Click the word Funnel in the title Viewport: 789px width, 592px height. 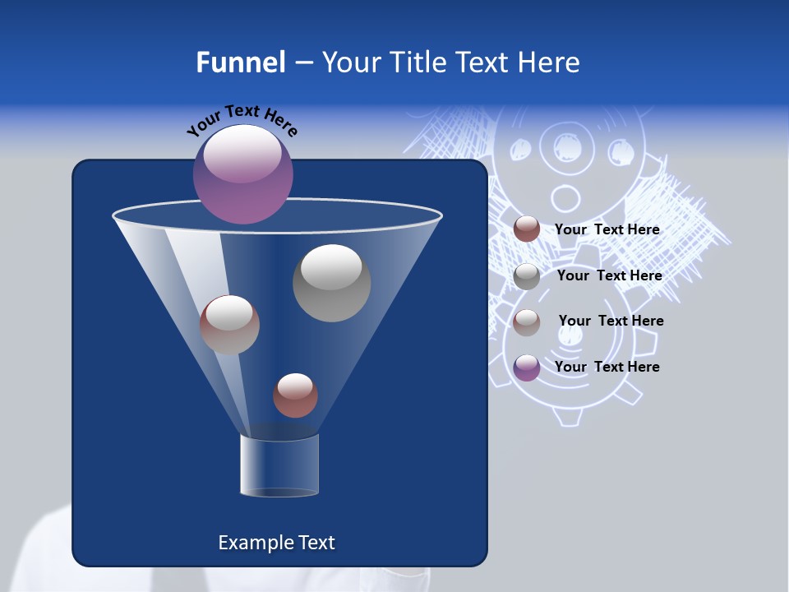pos(240,62)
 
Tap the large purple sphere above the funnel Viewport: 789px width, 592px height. pos(243,174)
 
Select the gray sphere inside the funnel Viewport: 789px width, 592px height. pos(332,283)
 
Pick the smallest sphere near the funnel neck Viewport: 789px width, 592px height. pos(295,395)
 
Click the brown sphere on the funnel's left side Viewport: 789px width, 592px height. pos(229,325)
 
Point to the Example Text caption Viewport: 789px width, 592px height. pos(276,543)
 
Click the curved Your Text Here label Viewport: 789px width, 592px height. pos(242,121)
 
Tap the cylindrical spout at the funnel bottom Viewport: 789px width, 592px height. pos(279,465)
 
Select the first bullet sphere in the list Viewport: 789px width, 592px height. pos(527,229)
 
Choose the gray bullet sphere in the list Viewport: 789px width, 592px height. pos(527,276)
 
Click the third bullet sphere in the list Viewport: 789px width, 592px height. pos(527,322)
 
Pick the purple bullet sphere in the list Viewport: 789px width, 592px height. pos(527,368)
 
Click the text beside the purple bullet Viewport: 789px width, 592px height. pos(607,367)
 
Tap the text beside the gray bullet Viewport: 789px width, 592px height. pos(609,275)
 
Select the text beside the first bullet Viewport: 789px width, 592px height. pos(607,229)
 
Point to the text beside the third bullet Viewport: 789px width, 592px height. pos(611,321)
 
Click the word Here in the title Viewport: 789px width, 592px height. pos(549,62)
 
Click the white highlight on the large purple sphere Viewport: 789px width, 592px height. pos(243,154)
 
